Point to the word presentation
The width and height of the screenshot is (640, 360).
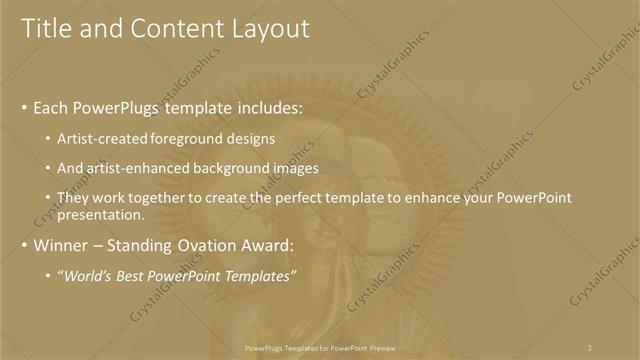coord(101,214)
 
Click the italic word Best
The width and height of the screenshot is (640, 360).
coord(132,275)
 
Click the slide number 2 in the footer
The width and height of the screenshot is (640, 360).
coord(590,347)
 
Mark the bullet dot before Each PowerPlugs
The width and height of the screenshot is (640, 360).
coord(24,108)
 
